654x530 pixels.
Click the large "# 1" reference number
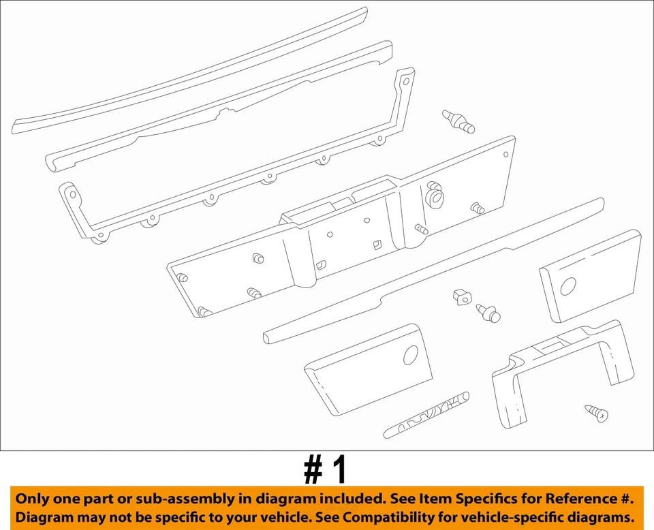[x=326, y=470]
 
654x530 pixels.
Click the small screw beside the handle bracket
[x=596, y=412]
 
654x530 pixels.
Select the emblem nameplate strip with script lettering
[x=426, y=414]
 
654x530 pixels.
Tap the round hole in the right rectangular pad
[x=567, y=285]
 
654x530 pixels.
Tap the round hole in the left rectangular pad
[x=410, y=355]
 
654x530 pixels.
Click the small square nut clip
[x=461, y=296]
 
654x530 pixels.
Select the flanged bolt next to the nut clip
[x=488, y=313]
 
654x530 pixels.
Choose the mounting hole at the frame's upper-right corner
[x=406, y=81]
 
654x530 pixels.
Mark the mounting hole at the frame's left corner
[x=70, y=194]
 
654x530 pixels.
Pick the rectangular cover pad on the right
[x=590, y=275]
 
